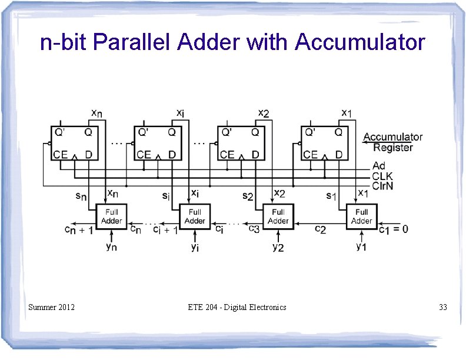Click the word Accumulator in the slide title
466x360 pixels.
[360, 42]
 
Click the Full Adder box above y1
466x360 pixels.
[361, 216]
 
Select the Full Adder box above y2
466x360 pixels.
[278, 216]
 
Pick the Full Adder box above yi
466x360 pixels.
[195, 216]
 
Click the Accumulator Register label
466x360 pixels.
[393, 142]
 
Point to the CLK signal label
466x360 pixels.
[383, 176]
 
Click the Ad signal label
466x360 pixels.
[380, 166]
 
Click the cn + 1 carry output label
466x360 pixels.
[79, 230]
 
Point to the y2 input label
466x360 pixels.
[278, 246]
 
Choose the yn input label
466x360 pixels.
[111, 246]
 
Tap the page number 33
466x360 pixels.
[442, 307]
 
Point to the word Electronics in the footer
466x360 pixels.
[267, 307]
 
